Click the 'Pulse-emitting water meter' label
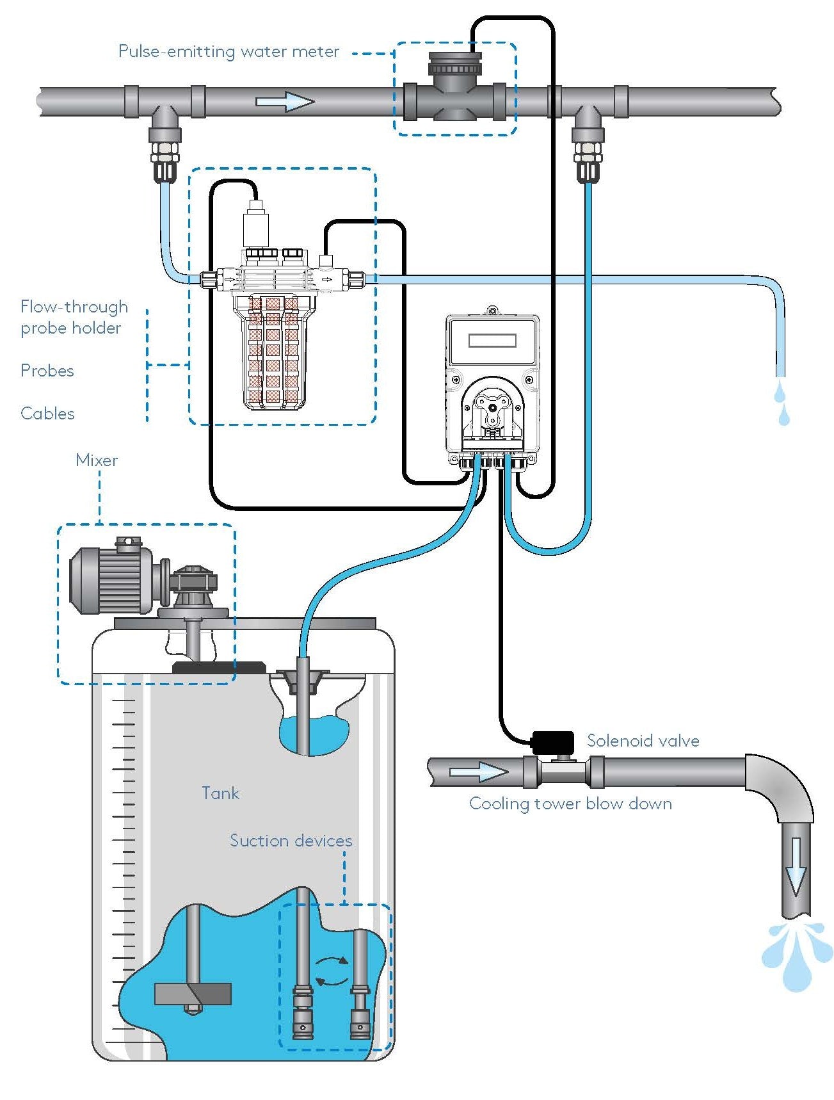point(229,51)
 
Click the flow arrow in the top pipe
point(285,102)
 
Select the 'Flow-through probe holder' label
point(74,317)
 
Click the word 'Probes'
point(47,371)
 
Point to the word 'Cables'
point(47,414)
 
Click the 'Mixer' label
point(97,460)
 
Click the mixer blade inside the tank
point(193,994)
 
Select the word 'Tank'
point(221,793)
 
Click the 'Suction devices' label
point(291,841)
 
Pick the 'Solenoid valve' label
point(643,741)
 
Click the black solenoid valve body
point(552,742)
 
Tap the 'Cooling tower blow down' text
point(570,804)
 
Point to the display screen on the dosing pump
point(492,341)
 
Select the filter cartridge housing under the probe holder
point(273,352)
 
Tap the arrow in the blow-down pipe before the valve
point(478,772)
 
